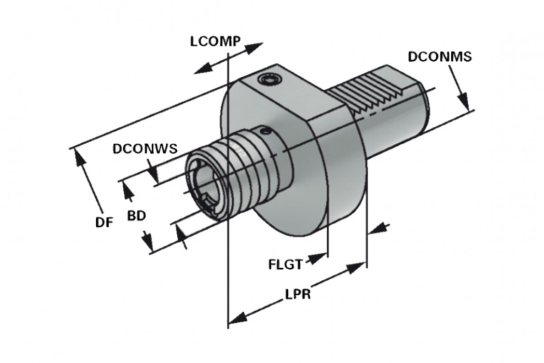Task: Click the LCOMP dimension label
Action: pyautogui.click(x=215, y=41)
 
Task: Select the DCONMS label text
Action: pyautogui.click(x=440, y=57)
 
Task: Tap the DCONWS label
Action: pyautogui.click(x=145, y=148)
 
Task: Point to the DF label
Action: pyautogui.click(x=104, y=222)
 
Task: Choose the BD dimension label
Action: pyautogui.click(x=136, y=216)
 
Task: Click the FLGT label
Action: pyautogui.click(x=285, y=264)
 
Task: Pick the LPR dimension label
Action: pyautogui.click(x=298, y=294)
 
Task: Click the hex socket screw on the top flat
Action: pyautogui.click(x=270, y=79)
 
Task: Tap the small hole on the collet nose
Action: pyautogui.click(x=266, y=131)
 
